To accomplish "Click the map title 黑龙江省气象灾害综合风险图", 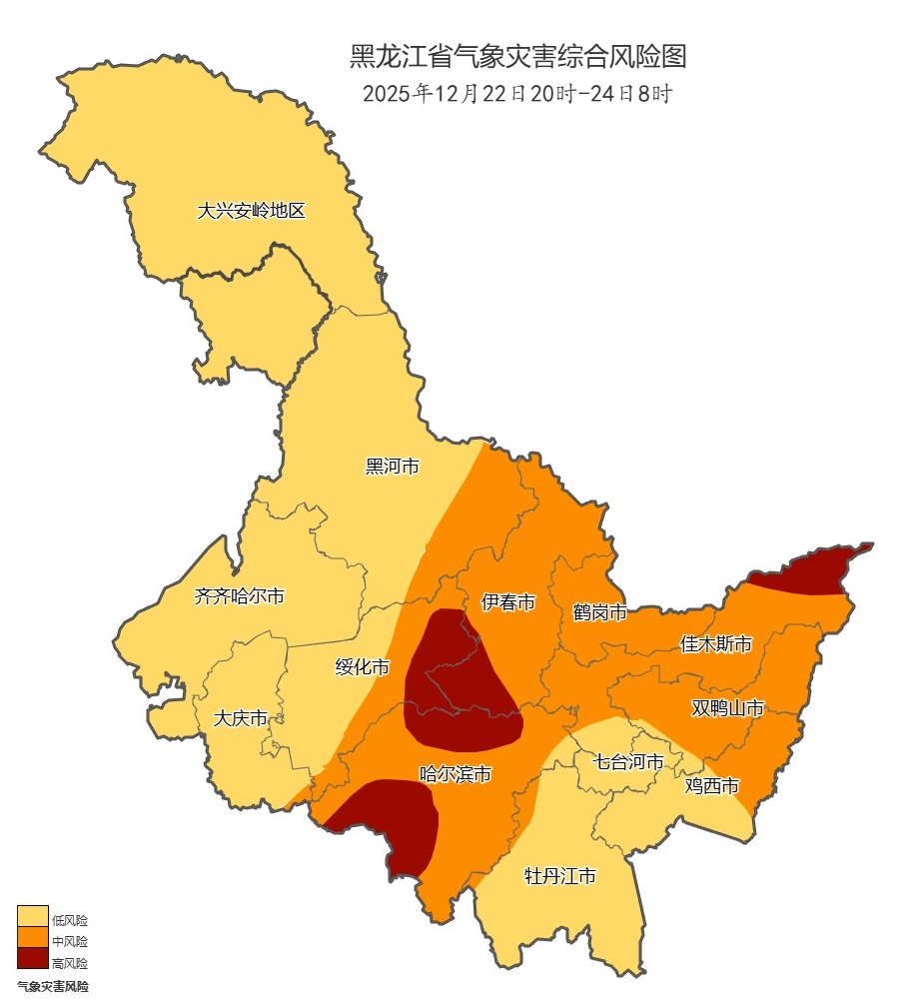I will pos(517,57).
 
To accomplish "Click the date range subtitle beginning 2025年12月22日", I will pos(517,95).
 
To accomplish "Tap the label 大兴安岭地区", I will pos(251,211).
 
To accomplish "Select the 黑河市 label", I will pos(392,466).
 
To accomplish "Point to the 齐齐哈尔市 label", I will pos(239,596).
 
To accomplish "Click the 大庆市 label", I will pos(241,718).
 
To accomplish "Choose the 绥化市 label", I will pos(362,667).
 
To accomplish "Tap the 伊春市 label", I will pos(508,602).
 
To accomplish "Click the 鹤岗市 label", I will pos(599,611).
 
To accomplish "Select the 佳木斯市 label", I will pos(715,644).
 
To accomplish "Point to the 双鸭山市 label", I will pos(727,708).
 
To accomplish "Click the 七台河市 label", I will pos(628,762).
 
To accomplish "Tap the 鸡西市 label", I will pos(712,786).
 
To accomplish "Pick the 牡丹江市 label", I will pos(560,877).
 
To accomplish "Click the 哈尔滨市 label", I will pos(456,773).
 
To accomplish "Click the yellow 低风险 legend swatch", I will pos(32,917).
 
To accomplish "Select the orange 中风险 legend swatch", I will pos(32,939).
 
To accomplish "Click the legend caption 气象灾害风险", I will pos(53,986).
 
